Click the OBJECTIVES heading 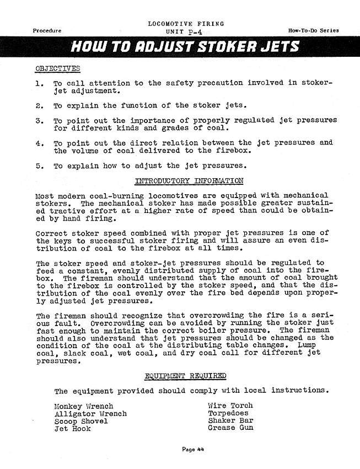[x=57, y=68]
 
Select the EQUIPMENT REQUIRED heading [x=185, y=376]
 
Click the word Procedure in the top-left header [x=47, y=30]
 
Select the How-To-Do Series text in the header [x=313, y=30]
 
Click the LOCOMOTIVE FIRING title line [x=186, y=24]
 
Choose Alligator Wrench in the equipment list [x=90, y=413]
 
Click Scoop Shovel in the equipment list [x=81, y=421]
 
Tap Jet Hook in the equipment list [x=72, y=429]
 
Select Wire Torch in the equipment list [x=230, y=406]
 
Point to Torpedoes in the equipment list [x=228, y=413]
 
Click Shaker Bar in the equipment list [x=230, y=420]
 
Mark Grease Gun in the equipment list [x=230, y=428]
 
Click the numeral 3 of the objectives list [x=39, y=120]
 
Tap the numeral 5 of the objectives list [x=39, y=165]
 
